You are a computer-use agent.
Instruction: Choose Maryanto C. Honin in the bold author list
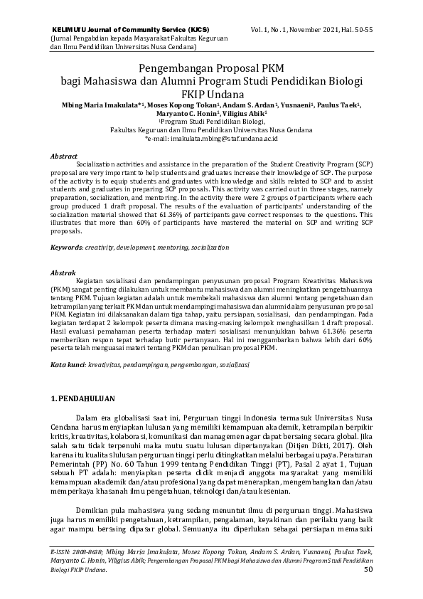186,113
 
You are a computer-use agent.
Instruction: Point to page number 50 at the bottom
368,569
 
